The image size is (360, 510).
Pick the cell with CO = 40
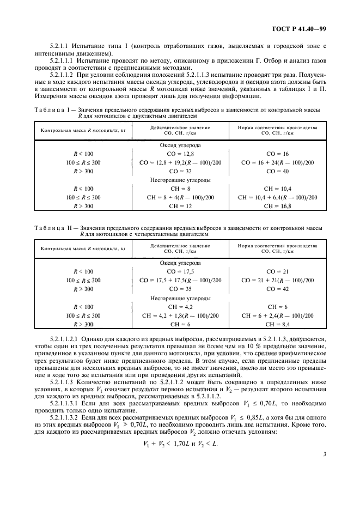pos(277,171)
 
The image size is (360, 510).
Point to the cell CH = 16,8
pos(277,206)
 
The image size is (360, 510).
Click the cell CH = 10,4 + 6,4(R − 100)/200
pos(277,197)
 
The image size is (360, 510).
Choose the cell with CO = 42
pos(277,289)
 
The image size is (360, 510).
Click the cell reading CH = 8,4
pos(277,324)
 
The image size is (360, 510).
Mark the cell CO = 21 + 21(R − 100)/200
pos(277,280)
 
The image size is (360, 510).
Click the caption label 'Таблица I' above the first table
pos(52,110)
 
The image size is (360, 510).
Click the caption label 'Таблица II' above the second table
pos(53,228)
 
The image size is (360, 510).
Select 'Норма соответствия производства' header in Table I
pos(277,127)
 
